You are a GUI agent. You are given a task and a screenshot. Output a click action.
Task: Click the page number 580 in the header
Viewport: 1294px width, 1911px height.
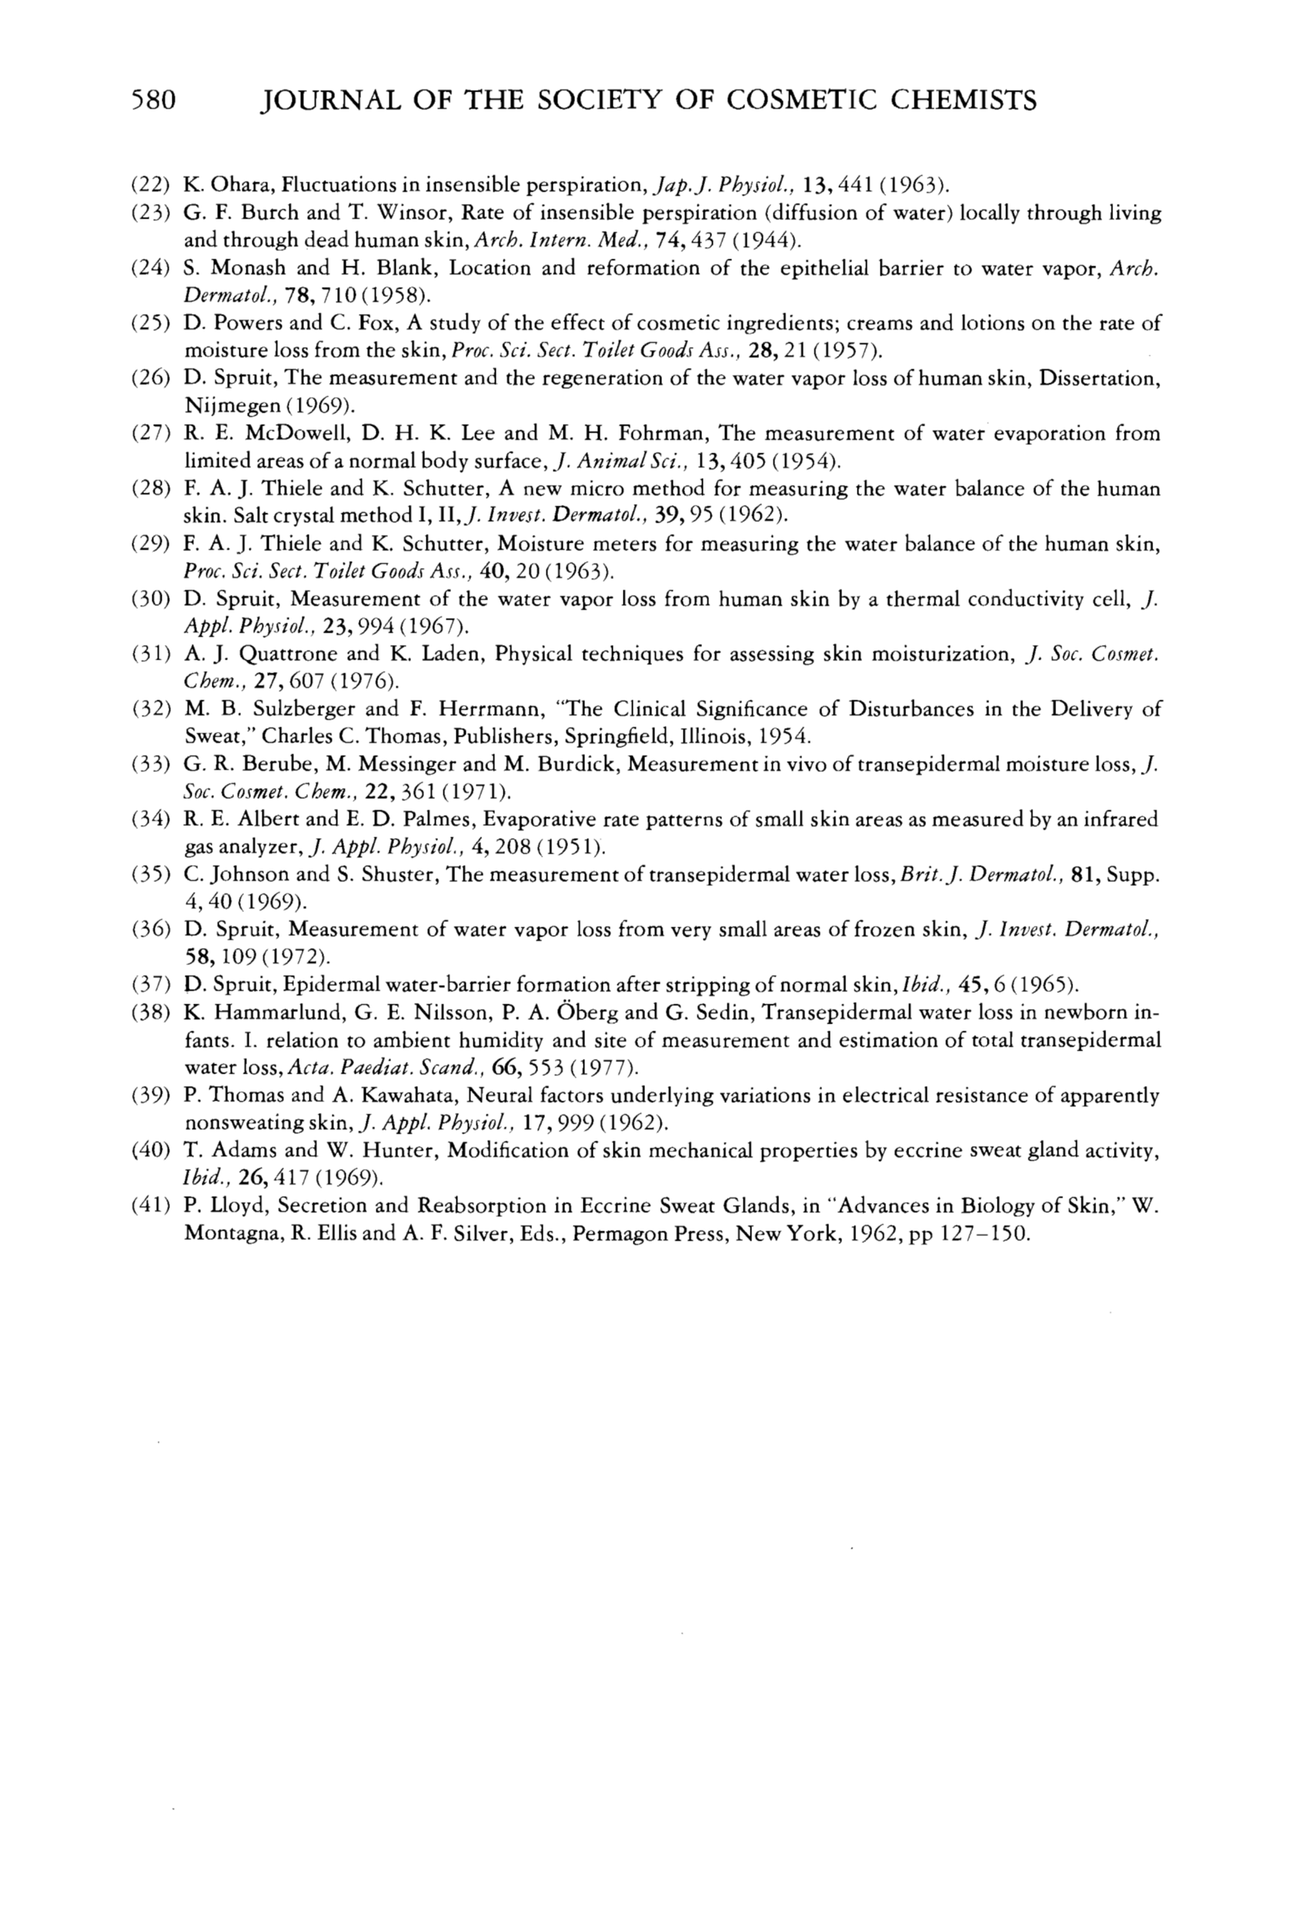tap(154, 100)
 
